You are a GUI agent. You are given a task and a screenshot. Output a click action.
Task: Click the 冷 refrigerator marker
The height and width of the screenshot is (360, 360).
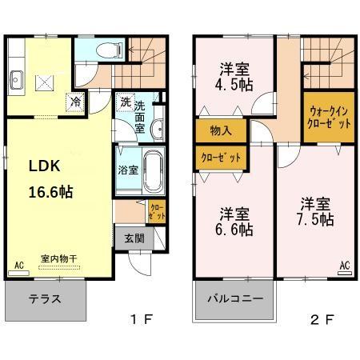coord(75,102)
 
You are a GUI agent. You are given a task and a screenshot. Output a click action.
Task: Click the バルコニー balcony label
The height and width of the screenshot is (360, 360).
coord(235,302)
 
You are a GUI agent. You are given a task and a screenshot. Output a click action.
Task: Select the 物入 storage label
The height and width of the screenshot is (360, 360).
coord(221,130)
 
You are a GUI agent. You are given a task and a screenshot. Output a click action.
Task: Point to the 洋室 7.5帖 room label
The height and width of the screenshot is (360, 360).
coord(317,210)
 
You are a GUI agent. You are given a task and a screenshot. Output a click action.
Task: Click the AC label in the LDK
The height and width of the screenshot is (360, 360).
coord(19,262)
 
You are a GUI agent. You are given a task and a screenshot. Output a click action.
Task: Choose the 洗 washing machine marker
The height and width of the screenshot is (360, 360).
coord(126,102)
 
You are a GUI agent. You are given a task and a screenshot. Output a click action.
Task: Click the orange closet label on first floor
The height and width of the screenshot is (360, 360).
coord(154,211)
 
